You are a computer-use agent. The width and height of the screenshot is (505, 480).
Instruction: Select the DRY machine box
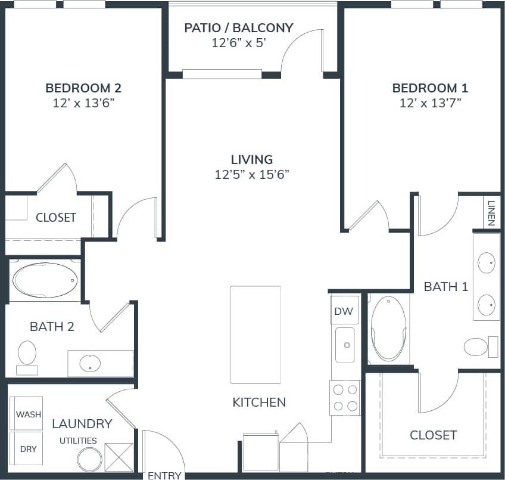coord(27,448)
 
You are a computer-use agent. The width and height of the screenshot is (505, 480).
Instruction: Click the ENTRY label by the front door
coord(164,475)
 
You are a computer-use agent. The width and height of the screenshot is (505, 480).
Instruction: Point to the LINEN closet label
coord(491,213)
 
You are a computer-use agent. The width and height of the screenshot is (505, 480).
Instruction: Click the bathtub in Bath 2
coord(45,280)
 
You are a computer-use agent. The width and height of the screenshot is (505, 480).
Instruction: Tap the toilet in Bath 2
coord(27,353)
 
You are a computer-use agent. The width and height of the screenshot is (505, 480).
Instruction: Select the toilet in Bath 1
coord(476,346)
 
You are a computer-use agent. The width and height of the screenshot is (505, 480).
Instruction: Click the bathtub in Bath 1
coord(389,329)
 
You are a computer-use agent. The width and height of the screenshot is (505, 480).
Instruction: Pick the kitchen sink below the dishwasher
coord(345,345)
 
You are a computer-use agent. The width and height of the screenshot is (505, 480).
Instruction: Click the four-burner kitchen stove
coord(345,398)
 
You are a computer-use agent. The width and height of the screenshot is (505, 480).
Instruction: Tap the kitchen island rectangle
coord(255,335)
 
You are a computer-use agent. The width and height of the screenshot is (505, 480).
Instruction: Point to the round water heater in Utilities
coord(89,459)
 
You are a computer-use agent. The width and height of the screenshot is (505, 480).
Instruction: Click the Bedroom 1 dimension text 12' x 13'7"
coord(430,103)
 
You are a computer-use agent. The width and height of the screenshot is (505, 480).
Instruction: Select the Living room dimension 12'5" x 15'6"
coord(253,174)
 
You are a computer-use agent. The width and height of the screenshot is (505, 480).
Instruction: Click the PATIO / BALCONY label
coord(238,27)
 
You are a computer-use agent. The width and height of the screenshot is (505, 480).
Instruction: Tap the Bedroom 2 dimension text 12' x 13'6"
coord(83,103)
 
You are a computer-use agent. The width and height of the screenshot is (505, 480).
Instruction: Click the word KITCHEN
coord(259,402)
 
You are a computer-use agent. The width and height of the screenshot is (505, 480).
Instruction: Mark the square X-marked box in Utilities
coord(119,458)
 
